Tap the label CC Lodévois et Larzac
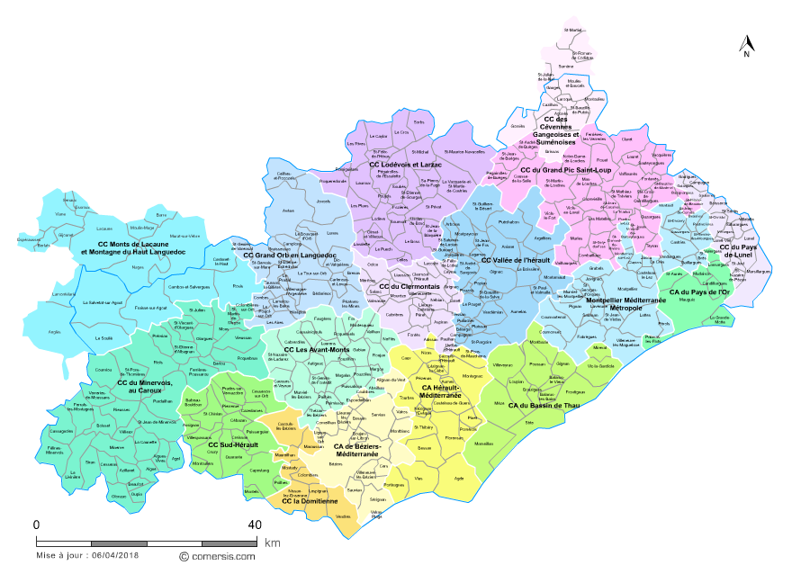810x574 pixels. click(410, 166)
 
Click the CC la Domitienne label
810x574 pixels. click(310, 501)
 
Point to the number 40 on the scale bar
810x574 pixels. click(255, 525)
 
